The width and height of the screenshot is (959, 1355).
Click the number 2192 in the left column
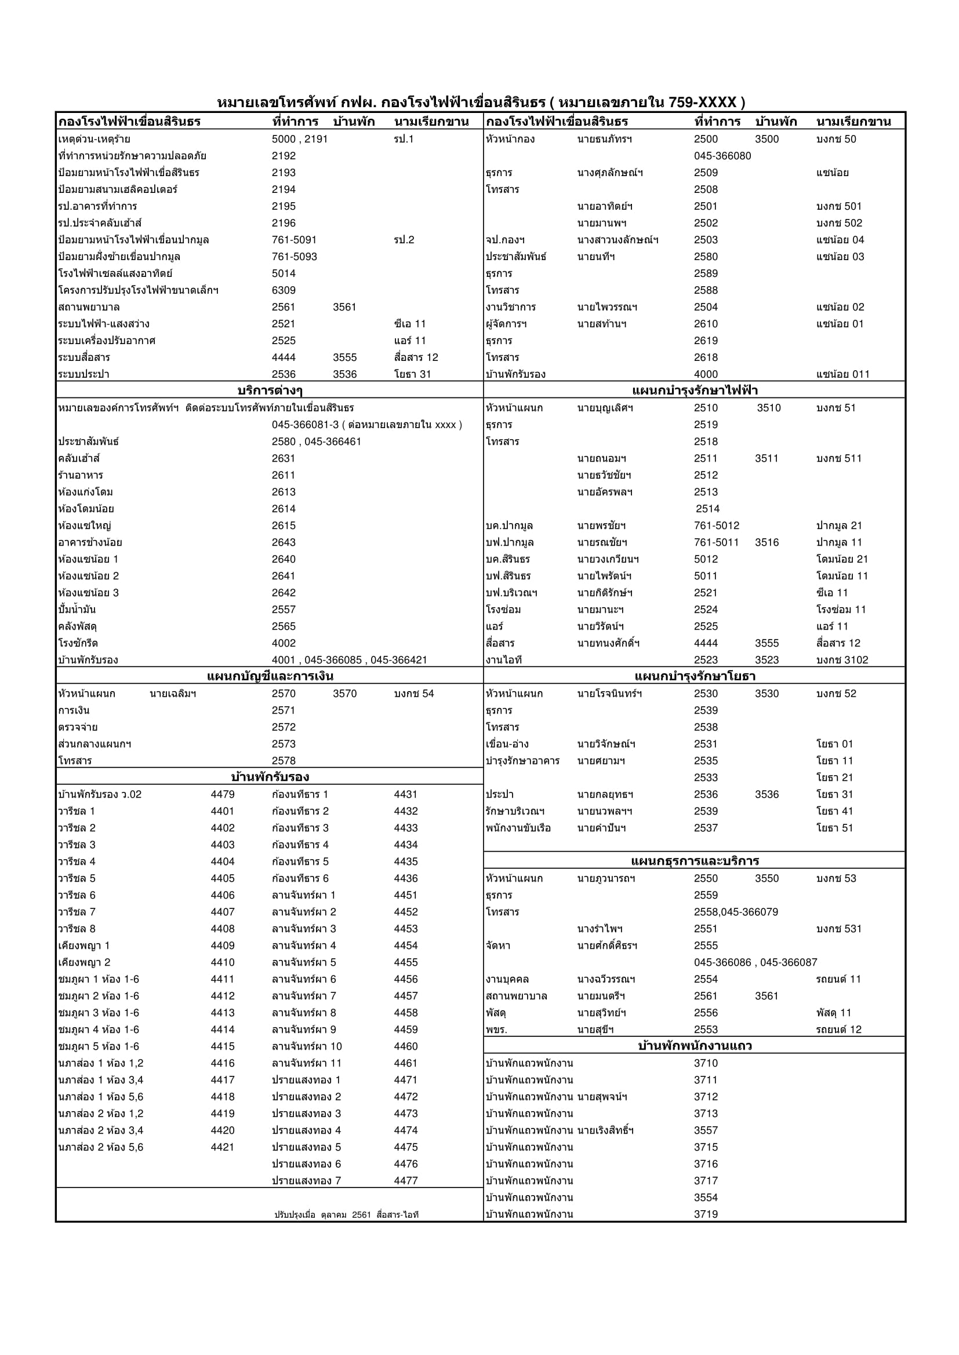[x=284, y=156]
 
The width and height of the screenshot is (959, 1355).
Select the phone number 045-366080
[x=722, y=156]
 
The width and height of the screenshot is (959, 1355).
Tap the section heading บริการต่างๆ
[x=270, y=390]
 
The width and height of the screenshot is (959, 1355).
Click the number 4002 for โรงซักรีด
[x=284, y=642]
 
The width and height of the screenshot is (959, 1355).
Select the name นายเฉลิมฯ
[x=173, y=693]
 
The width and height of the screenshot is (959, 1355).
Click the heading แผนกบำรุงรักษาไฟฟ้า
[x=695, y=390]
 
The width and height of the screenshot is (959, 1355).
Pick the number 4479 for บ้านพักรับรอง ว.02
[x=223, y=794]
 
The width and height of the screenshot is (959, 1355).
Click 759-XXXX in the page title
[x=702, y=103]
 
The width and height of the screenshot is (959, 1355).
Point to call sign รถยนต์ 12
[x=838, y=1029]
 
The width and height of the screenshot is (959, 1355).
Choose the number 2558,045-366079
[x=736, y=912]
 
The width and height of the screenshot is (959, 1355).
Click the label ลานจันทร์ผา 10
[x=307, y=1046]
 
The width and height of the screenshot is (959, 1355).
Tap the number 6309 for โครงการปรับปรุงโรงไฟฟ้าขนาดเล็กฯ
[x=284, y=290]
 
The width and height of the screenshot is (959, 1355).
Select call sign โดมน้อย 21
[x=841, y=559]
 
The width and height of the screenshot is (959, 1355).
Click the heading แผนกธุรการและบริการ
[x=695, y=860]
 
